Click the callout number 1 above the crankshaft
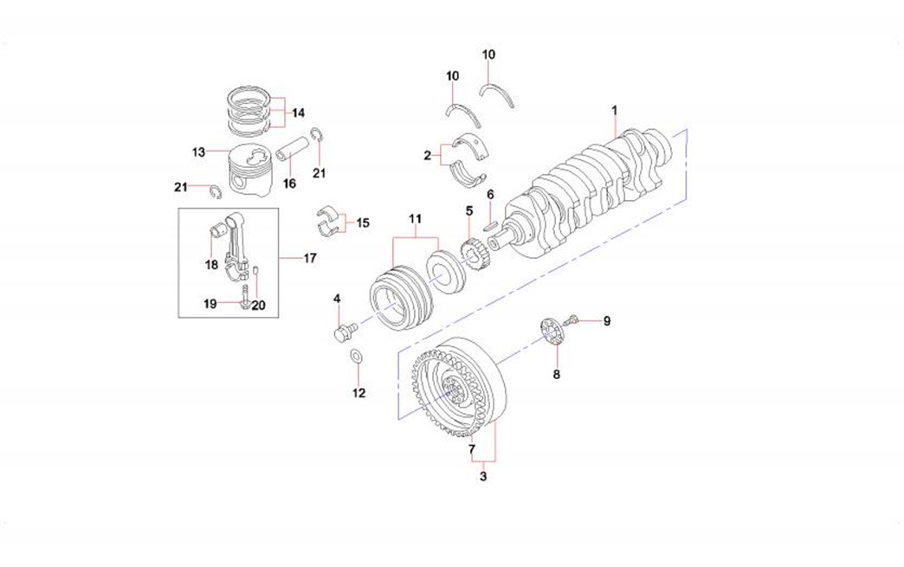tap(614, 111)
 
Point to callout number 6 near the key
tap(490, 195)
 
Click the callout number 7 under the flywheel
tap(472, 449)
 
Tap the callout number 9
tap(606, 321)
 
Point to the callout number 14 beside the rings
tap(298, 113)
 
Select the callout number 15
tap(362, 222)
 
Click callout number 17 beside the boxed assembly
tap(309, 258)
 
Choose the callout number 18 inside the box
tap(211, 265)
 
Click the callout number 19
tap(210, 304)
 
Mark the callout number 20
tap(258, 305)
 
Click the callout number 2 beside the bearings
tap(427, 156)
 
